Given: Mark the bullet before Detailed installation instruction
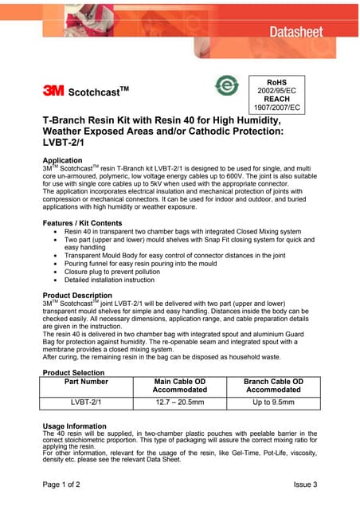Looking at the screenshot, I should pos(53,280).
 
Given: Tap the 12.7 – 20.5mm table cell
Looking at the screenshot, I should pos(179,402).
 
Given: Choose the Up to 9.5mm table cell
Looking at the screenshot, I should pos(273,402).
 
